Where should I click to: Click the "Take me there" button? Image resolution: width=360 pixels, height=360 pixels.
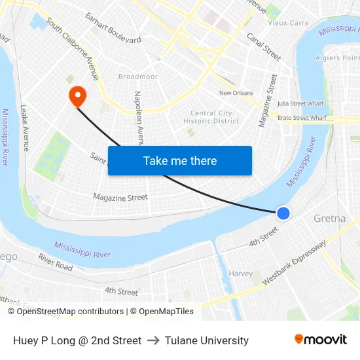click(x=179, y=160)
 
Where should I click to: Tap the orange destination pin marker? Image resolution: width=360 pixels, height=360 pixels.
click(x=78, y=97)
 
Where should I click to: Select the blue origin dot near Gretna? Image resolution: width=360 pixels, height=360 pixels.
click(x=283, y=213)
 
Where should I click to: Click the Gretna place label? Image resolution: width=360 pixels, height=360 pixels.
click(x=329, y=218)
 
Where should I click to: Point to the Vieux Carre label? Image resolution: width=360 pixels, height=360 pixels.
click(x=288, y=23)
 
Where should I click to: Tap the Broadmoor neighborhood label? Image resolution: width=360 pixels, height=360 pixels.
click(x=138, y=77)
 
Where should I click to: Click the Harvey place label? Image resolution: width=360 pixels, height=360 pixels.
click(x=240, y=273)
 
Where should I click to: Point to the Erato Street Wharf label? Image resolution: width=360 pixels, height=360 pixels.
click(x=302, y=118)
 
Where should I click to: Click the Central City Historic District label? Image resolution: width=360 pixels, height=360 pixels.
click(x=211, y=117)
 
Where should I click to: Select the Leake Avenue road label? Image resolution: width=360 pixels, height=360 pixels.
click(x=24, y=128)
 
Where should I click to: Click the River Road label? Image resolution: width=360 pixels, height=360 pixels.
click(x=56, y=262)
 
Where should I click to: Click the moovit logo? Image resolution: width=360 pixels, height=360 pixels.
click(x=320, y=340)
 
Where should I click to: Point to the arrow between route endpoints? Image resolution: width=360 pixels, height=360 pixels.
click(x=153, y=340)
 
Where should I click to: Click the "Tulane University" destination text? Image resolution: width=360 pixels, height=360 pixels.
click(x=207, y=340)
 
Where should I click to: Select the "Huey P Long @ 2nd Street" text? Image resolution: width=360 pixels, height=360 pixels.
click(x=77, y=340)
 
